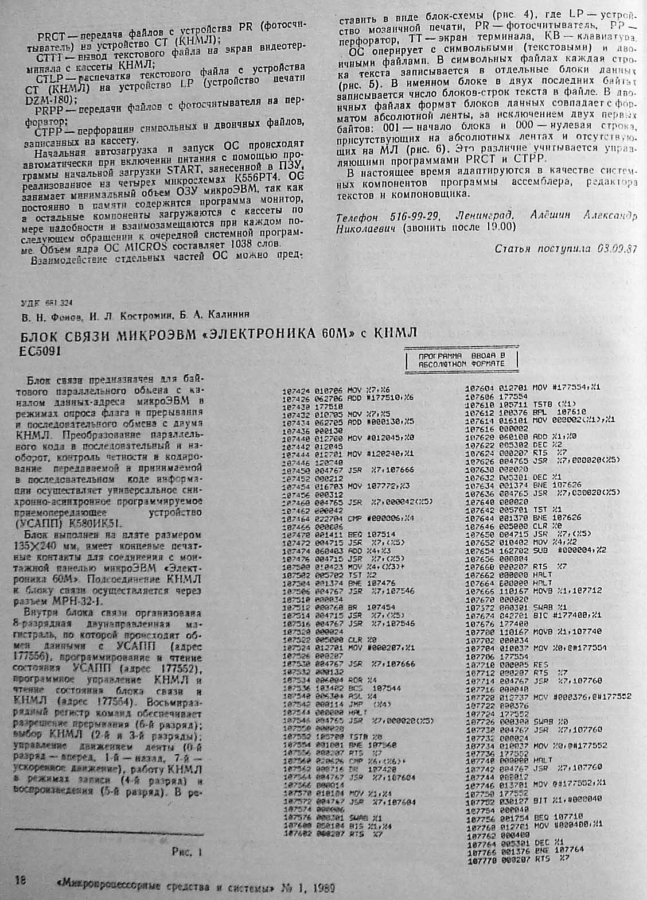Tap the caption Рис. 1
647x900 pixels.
click(186, 852)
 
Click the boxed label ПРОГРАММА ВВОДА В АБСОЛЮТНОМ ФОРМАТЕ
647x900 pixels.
click(461, 359)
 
